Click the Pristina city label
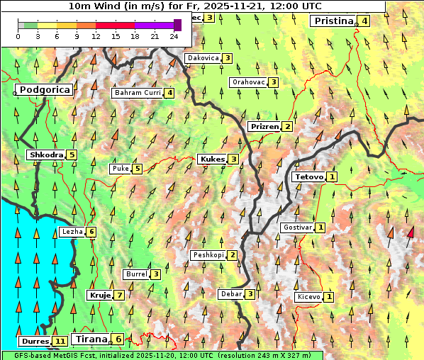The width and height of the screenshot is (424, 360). pyautogui.click(x=333, y=21)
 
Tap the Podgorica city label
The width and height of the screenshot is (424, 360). pyautogui.click(x=44, y=90)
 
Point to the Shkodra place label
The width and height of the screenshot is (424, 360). pyautogui.click(x=46, y=154)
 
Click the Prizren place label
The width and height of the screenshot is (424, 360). pyautogui.click(x=264, y=126)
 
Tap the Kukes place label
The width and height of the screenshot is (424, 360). pyautogui.click(x=212, y=159)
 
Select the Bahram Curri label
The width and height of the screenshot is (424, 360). pyautogui.click(x=138, y=93)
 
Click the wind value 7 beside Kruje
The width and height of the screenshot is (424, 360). pyautogui.click(x=120, y=295)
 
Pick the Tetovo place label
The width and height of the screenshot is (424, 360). pyautogui.click(x=308, y=176)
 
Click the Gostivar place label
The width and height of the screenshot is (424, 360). pyautogui.click(x=296, y=227)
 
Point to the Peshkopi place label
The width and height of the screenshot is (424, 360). pyautogui.click(x=208, y=255)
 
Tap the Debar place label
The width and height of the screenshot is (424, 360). pyautogui.click(x=230, y=294)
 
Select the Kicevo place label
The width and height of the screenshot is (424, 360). pyautogui.click(x=308, y=296)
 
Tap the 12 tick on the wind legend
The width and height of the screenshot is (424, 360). pyautogui.click(x=96, y=36)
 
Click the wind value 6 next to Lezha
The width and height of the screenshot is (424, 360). pyautogui.click(x=91, y=232)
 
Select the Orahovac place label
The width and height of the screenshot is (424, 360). pyautogui.click(x=248, y=82)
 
